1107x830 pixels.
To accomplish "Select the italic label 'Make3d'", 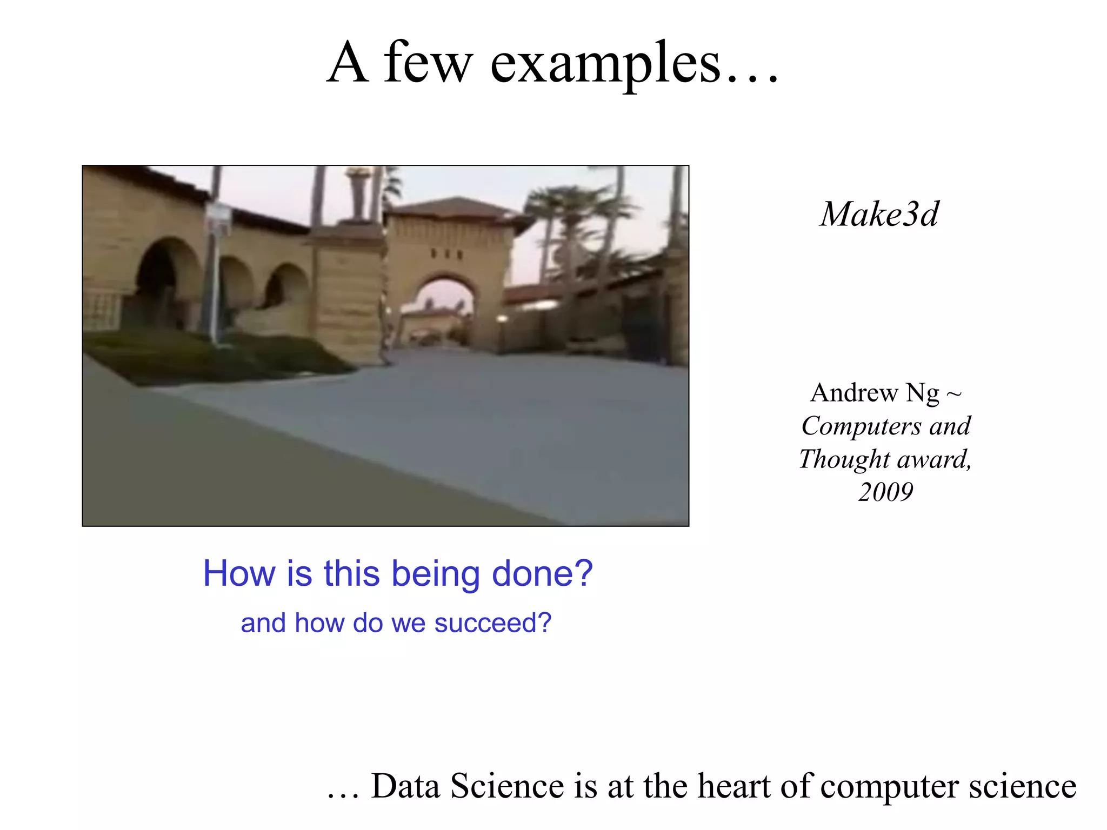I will (879, 214).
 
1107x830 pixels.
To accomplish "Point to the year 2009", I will (885, 492).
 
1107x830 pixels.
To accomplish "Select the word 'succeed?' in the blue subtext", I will (493, 623).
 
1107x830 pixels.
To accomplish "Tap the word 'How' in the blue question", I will (239, 573).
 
